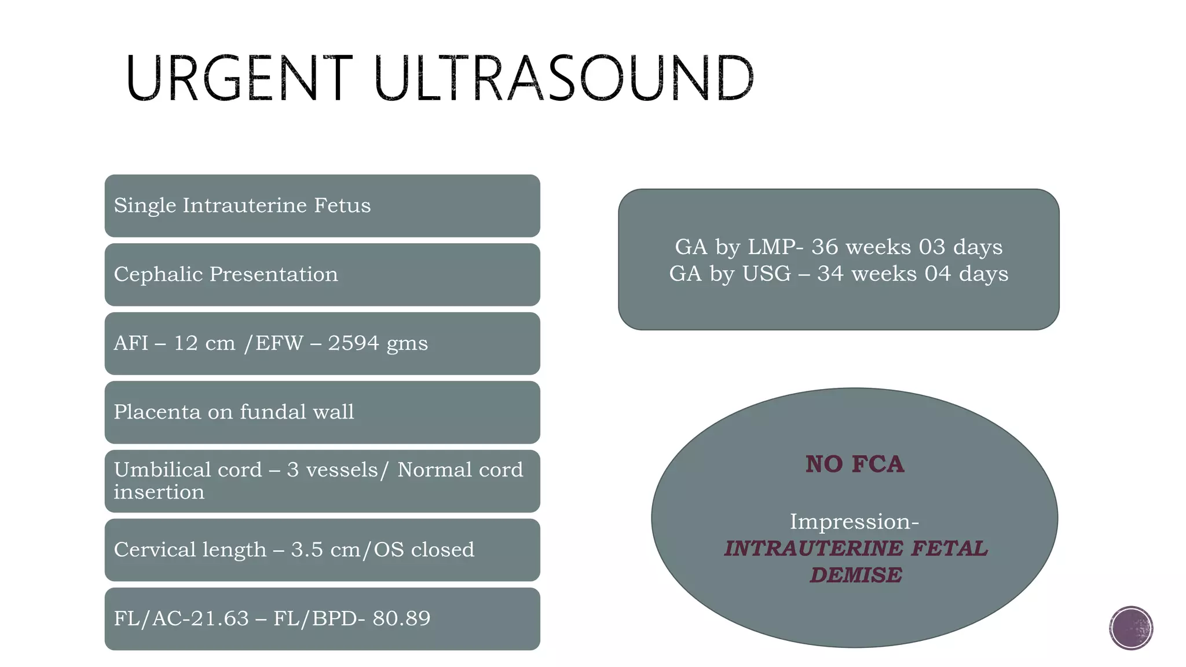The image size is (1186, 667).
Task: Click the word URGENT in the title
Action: (237, 79)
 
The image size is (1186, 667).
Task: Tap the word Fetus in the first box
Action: (342, 206)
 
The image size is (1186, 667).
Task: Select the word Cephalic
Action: (159, 274)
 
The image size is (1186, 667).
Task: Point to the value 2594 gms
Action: (378, 343)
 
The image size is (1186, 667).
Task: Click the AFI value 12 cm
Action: (204, 343)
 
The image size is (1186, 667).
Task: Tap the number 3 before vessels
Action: (292, 470)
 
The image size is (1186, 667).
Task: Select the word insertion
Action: (159, 492)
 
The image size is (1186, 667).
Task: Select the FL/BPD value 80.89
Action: (401, 618)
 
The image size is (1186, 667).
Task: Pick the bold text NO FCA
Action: (854, 464)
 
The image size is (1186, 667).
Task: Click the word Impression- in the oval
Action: (854, 522)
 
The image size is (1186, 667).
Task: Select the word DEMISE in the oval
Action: (855, 576)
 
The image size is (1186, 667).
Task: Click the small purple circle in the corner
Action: (1130, 628)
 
